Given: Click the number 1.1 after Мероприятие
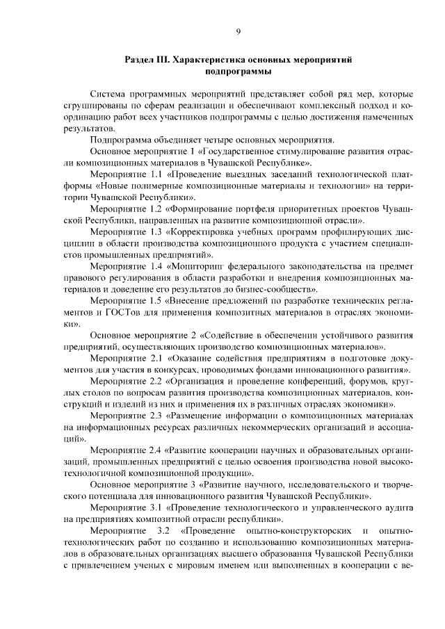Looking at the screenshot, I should [150, 174].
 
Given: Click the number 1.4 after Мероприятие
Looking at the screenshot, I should [150, 265].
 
